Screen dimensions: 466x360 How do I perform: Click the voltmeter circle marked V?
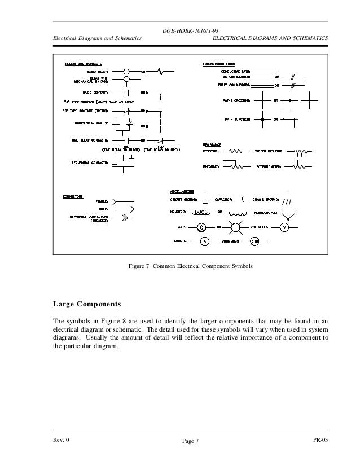point(285,227)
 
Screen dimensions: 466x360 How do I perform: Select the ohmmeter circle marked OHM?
point(254,241)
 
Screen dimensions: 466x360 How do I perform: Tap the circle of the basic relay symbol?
point(127,72)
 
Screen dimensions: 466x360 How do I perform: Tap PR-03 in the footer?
point(320,439)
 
